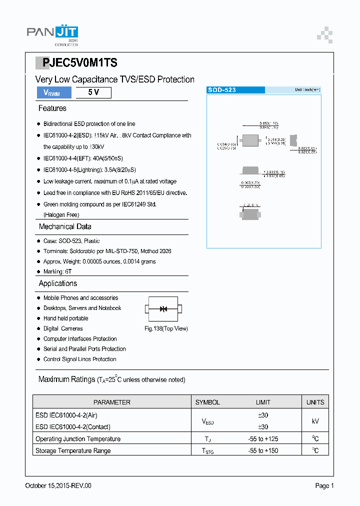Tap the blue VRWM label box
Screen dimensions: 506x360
pos(53,92)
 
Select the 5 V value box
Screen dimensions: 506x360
pos(93,92)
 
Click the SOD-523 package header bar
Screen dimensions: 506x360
pos(235,90)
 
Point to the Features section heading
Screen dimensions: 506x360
pos(52,108)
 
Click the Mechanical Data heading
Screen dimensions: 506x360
pos(65,226)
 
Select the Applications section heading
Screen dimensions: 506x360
pos(58,283)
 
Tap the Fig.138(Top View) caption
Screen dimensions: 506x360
pos(166,328)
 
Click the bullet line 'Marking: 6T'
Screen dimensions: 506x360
pos(57,271)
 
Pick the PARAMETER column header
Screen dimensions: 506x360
pos(112,402)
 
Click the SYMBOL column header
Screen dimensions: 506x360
pos(207,402)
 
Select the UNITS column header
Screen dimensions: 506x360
pos(315,402)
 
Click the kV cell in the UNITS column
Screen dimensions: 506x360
pos(315,421)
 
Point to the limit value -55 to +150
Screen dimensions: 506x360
pos(263,450)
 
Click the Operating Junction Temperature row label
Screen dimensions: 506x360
pos(78,439)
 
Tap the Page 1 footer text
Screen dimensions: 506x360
pos(324,485)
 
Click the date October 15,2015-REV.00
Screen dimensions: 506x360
pos(58,485)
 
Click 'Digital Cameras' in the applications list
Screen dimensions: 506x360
pos(63,328)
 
